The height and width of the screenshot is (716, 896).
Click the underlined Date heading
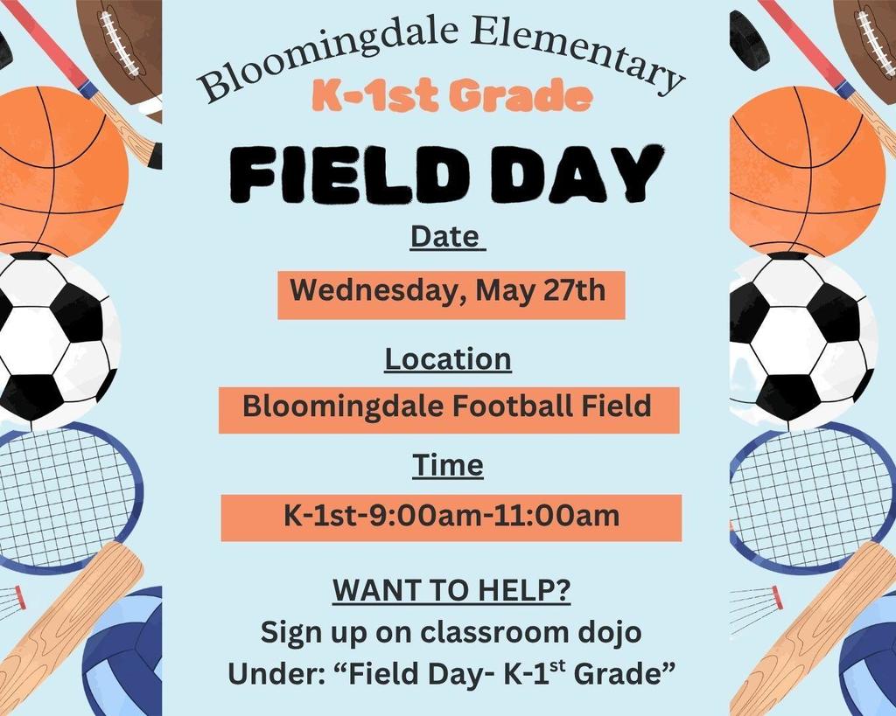tap(445, 237)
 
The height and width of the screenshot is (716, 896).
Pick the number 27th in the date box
tap(575, 290)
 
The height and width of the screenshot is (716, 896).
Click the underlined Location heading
tap(448, 359)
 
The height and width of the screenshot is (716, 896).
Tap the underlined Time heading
tap(448, 465)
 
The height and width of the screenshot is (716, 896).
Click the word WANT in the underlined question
tap(371, 590)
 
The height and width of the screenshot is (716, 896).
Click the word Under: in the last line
tap(276, 674)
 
